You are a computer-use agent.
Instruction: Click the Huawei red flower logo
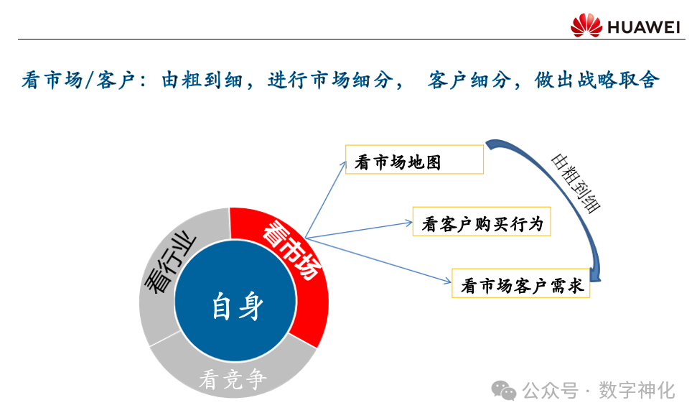(586, 25)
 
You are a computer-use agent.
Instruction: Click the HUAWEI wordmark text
(643, 27)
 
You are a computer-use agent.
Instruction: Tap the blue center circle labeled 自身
(235, 306)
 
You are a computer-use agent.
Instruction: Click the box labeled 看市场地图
(414, 159)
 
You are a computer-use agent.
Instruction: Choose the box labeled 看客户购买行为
(482, 222)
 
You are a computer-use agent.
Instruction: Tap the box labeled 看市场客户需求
(520, 284)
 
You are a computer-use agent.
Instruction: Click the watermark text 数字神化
(637, 391)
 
